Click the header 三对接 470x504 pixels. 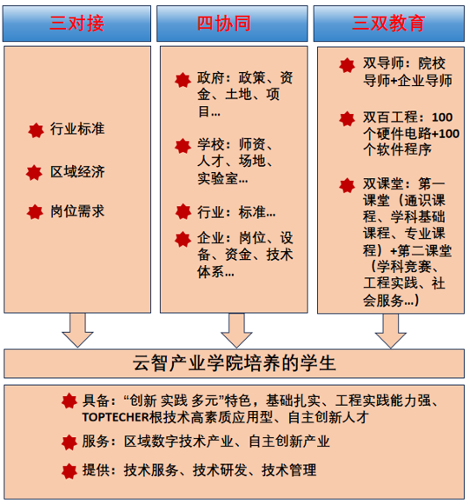[76, 23]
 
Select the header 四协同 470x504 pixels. [224, 23]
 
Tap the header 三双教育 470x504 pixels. [388, 23]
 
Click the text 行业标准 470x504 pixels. [77, 129]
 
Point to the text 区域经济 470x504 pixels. [77, 172]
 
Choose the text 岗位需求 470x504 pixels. [77, 211]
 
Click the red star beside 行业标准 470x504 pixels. [36, 130]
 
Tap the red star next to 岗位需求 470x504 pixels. [35, 212]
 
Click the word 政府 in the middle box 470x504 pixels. [211, 78]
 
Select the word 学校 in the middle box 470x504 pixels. [211, 144]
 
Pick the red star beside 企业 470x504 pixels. [182, 240]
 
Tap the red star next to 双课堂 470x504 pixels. [347, 185]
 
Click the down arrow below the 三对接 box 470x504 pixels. [77, 330]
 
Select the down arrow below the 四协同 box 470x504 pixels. [236, 330]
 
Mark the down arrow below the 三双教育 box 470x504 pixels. [391, 331]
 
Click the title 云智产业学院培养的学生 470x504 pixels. [235, 363]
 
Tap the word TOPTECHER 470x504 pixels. [116, 417]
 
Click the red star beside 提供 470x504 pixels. [70, 471]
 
